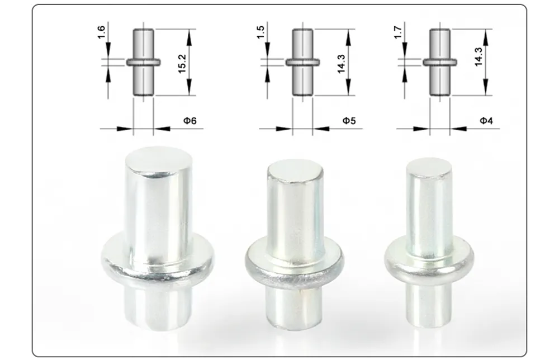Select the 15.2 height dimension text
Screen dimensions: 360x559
click(182, 61)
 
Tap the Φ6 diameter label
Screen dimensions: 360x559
click(190, 121)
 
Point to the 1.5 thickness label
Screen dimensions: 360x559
click(260, 32)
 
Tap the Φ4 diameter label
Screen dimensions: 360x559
click(486, 121)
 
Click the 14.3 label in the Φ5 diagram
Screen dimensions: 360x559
click(341, 61)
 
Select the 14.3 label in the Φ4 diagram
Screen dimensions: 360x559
click(479, 57)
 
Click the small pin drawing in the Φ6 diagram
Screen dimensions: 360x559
click(143, 61)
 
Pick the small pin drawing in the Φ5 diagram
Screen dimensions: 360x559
click(302, 61)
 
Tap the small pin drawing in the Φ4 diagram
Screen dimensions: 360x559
click(439, 61)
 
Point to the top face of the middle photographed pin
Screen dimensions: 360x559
click(295, 170)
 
